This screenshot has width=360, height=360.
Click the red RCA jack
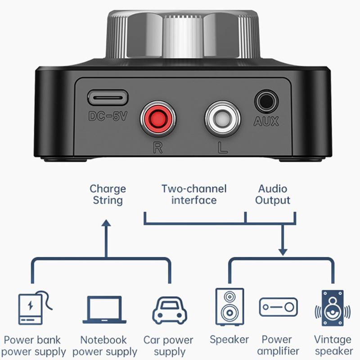click(x=158, y=119)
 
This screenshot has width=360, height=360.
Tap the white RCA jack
click(x=222, y=119)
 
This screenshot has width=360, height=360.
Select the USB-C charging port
click(x=108, y=97)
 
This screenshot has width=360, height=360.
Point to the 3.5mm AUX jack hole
click(x=266, y=101)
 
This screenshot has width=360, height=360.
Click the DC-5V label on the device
click(x=108, y=116)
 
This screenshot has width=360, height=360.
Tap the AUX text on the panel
click(x=266, y=121)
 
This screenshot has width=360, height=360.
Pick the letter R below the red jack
click(x=158, y=148)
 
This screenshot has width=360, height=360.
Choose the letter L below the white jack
click(x=222, y=148)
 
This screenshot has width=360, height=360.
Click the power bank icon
click(x=35, y=308)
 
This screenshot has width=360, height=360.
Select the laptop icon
click(x=104, y=310)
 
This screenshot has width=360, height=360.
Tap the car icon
click(x=170, y=310)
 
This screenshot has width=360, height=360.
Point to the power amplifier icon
click(x=278, y=307)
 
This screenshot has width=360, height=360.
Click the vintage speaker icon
click(x=333, y=308)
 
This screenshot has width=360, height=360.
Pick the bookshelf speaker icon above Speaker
click(x=229, y=307)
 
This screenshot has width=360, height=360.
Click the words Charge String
click(x=108, y=194)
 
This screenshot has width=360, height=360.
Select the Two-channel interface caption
click(x=194, y=194)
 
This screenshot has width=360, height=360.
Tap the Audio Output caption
click(x=273, y=194)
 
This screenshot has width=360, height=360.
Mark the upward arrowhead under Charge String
click(x=106, y=223)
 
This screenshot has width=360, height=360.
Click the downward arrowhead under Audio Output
click(x=283, y=252)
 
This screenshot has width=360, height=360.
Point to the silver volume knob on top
click(x=183, y=37)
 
